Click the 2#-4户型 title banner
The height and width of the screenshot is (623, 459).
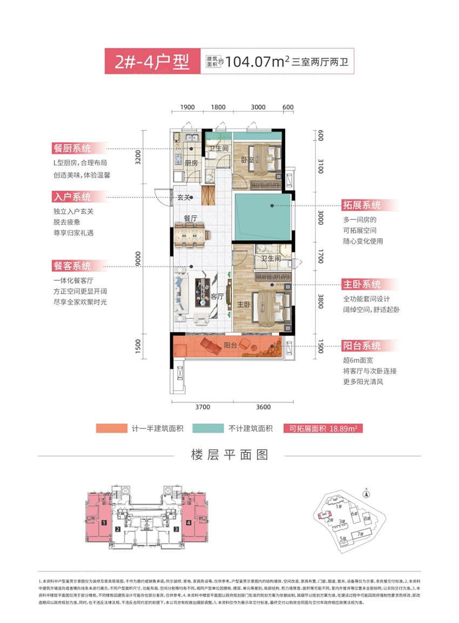tap(152, 62)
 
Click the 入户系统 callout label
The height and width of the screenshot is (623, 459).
tap(72, 197)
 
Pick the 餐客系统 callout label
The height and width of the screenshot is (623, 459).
tap(72, 266)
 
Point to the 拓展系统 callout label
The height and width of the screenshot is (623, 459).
tap(361, 205)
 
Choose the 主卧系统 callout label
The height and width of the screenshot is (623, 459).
tap(361, 284)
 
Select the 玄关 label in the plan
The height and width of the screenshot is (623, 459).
tap(184, 198)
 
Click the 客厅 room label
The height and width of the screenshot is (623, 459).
tap(217, 296)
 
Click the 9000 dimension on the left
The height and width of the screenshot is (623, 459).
tap(139, 259)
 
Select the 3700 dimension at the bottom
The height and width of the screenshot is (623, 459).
tap(202, 407)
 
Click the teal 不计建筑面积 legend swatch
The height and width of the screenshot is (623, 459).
tap(208, 428)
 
